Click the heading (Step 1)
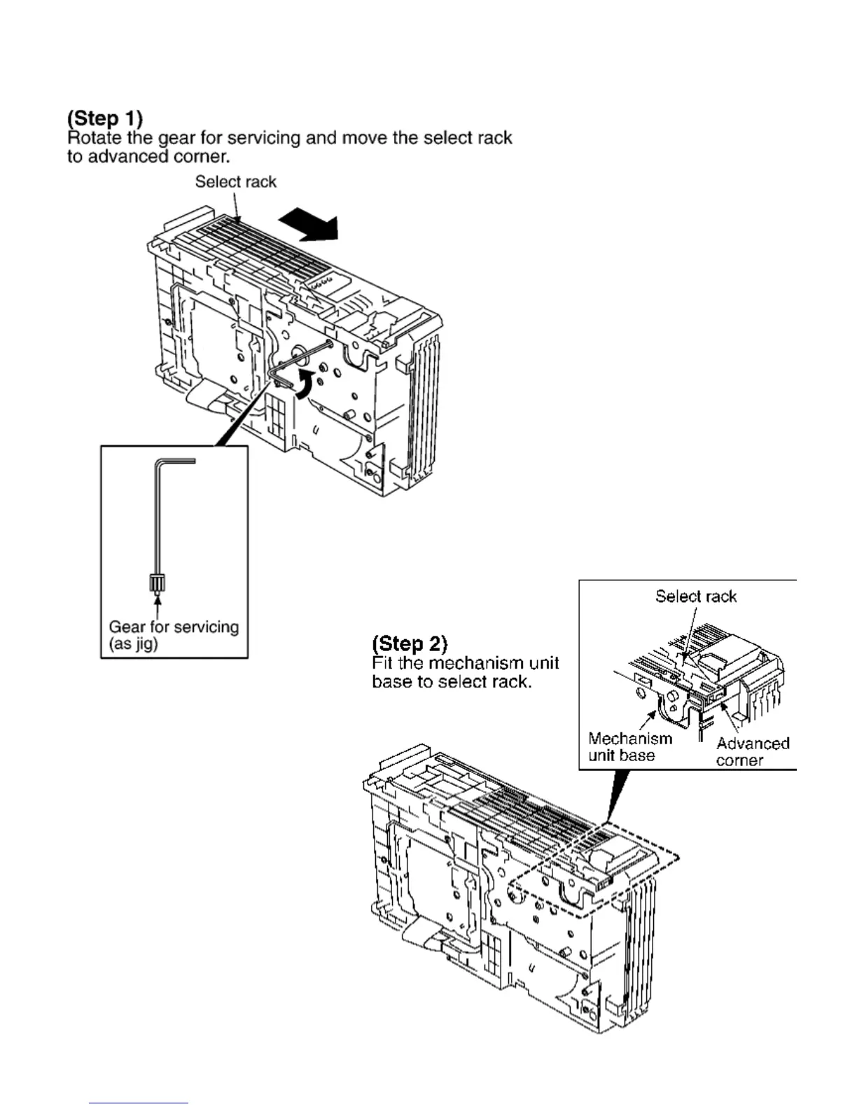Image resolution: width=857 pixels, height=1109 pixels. [105, 118]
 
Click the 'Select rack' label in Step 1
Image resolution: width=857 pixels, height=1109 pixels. [235, 182]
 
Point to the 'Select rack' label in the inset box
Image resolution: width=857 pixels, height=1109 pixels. [696, 597]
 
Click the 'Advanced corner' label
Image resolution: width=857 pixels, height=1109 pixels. [752, 752]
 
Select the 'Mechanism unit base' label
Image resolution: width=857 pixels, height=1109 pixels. [629, 746]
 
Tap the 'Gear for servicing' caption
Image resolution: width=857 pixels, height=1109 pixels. [174, 627]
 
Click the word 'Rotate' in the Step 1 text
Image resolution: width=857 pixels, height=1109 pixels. [95, 137]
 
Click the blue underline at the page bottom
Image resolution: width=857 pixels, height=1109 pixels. [139, 1103]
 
